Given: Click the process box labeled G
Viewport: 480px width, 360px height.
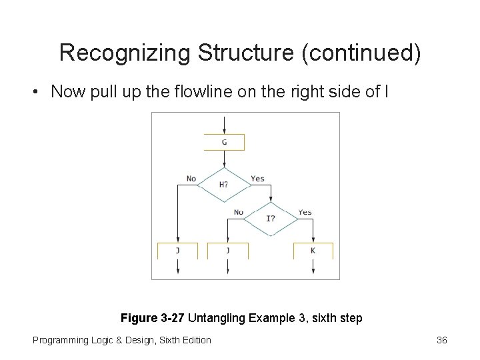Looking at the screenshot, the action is click(224, 142).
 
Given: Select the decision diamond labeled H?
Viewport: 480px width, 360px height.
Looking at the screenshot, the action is click(224, 184).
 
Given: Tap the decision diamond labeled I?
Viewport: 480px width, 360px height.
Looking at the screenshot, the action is click(271, 218).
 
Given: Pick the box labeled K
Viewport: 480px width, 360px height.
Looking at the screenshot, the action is click(313, 251).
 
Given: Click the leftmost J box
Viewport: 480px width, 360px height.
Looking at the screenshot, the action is click(177, 251).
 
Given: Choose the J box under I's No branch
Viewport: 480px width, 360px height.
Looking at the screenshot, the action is click(227, 251).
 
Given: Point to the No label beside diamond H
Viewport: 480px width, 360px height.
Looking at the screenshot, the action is click(191, 179).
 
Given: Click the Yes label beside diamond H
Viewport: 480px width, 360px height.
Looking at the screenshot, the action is click(257, 179).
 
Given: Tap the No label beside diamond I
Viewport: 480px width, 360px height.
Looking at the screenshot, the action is click(238, 213).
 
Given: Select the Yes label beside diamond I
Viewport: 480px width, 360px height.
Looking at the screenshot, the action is click(305, 213).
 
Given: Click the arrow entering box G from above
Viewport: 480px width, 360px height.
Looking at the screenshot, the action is click(225, 125).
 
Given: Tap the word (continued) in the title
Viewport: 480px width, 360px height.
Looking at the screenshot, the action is click(361, 53).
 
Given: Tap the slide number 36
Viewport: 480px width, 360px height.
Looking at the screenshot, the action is click(441, 340).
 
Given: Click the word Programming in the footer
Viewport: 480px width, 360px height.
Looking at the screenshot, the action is click(60, 340).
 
